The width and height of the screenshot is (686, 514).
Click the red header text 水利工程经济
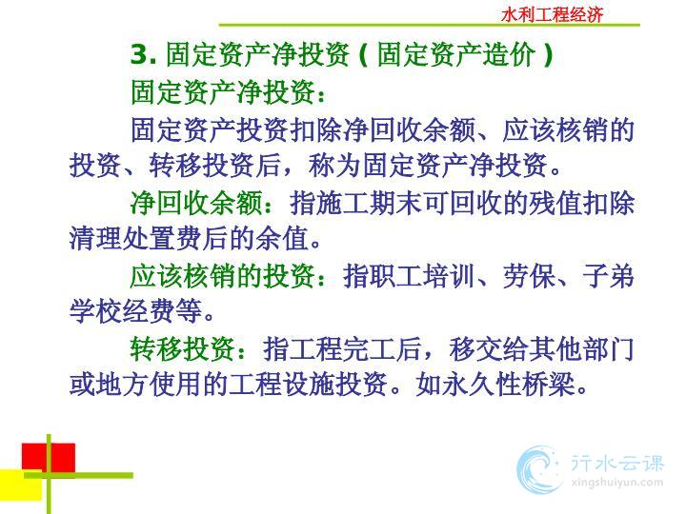(x=552, y=15)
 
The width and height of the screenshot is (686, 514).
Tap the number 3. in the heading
(x=144, y=54)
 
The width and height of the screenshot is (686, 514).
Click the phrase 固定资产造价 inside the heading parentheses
(x=456, y=54)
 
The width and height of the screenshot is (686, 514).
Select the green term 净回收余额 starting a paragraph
(x=196, y=203)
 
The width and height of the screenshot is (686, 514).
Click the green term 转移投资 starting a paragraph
(x=183, y=349)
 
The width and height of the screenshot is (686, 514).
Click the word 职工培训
(x=409, y=276)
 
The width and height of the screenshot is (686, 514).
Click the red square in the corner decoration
(x=49, y=458)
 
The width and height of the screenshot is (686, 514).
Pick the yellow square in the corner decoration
(x=21, y=484)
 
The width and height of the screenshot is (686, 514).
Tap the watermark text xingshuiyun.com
(x=617, y=483)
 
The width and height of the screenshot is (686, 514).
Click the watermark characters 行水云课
(x=617, y=463)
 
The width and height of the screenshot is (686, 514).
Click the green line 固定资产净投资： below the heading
(x=229, y=92)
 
